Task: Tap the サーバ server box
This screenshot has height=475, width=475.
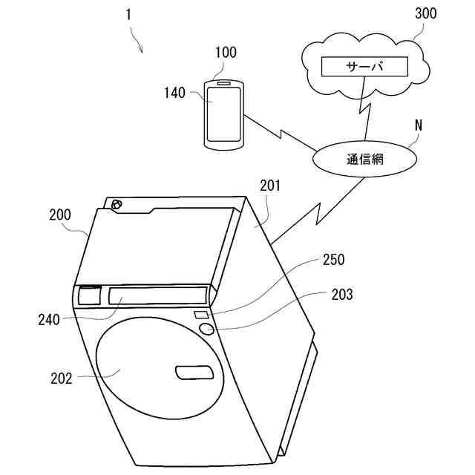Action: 364,67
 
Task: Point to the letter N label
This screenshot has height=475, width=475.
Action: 418,125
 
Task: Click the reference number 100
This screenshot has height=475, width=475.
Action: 225,52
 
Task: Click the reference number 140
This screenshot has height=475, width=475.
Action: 175,94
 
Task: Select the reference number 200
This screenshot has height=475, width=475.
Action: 59,215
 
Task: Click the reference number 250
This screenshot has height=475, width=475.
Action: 333,261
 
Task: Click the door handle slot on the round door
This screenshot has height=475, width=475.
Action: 194,371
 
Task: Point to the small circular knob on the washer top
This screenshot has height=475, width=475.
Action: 115,204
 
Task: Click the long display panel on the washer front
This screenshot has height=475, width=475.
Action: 157,295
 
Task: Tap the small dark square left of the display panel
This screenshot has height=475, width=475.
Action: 91,295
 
